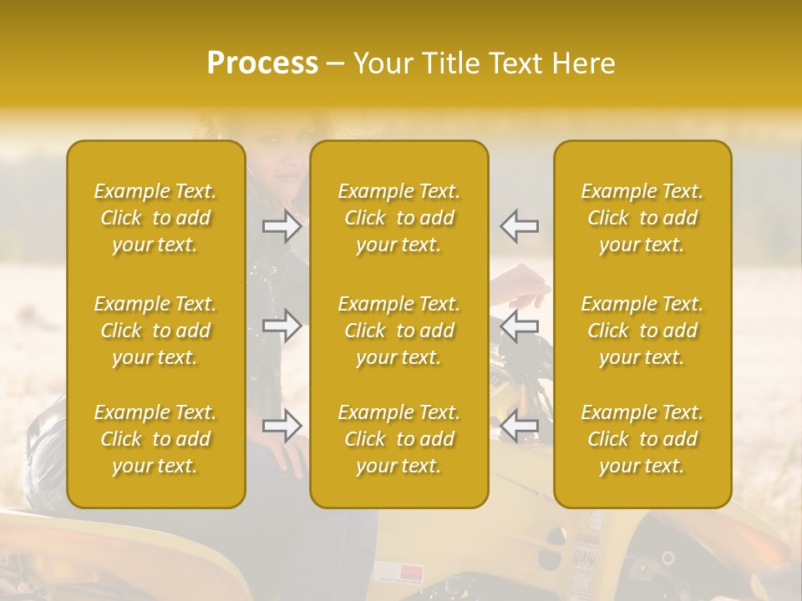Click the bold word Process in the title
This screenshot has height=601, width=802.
(x=262, y=63)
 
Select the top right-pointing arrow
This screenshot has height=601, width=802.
(x=282, y=225)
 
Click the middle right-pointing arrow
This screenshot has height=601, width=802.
(x=282, y=326)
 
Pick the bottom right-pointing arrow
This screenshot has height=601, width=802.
(x=282, y=426)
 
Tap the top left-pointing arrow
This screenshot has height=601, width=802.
(x=519, y=225)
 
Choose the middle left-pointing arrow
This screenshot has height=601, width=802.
(x=519, y=326)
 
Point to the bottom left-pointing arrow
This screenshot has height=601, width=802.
(x=519, y=426)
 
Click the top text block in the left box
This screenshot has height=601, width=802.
(x=155, y=218)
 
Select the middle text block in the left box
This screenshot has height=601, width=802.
(x=155, y=331)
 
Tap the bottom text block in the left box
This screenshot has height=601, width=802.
(x=155, y=439)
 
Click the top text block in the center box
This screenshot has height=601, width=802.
(x=399, y=218)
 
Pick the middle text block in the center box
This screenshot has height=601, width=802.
(x=399, y=331)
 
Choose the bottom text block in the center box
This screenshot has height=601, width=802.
(x=399, y=439)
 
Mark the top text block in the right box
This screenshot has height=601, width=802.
(x=642, y=218)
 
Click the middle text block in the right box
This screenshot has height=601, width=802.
(x=642, y=331)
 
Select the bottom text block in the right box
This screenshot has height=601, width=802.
(x=642, y=439)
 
